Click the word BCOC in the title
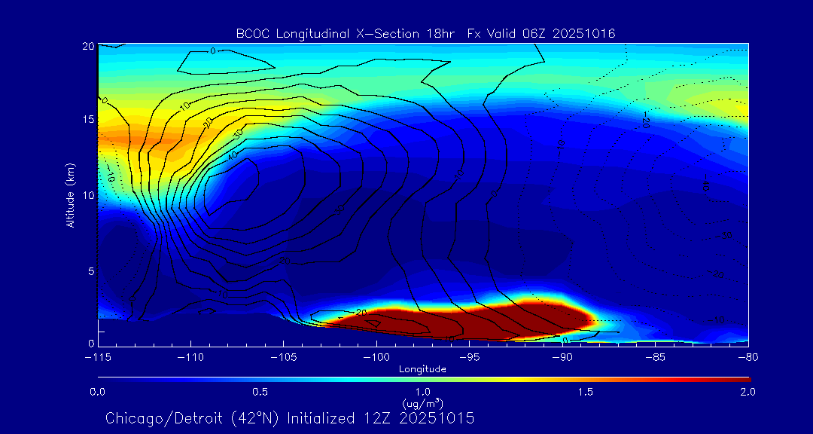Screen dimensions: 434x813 (251, 33)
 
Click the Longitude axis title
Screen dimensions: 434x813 (422, 369)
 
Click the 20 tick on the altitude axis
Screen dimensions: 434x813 (87, 46)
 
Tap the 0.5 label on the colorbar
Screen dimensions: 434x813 (260, 393)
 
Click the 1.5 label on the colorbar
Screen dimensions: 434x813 (585, 393)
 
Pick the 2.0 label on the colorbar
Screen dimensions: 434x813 (747, 393)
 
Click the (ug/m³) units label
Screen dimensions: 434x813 (422, 404)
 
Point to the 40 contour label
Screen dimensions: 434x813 (232, 155)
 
